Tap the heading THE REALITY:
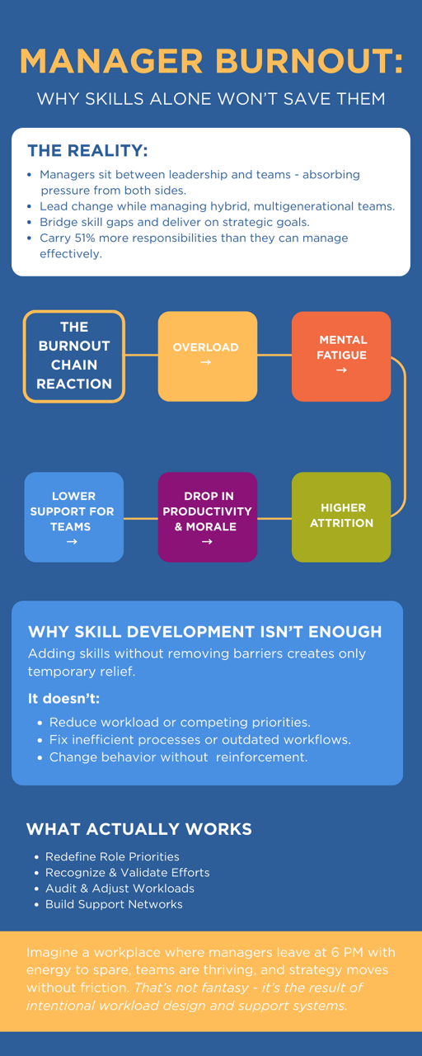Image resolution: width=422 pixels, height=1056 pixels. (87, 150)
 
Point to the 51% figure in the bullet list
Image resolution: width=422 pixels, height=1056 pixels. (85, 238)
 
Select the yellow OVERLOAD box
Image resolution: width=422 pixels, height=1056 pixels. (208, 356)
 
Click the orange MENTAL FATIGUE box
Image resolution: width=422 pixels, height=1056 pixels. (341, 356)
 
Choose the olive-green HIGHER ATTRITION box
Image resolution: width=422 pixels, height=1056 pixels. (341, 517)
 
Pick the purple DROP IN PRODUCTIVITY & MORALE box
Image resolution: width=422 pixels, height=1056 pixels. (208, 517)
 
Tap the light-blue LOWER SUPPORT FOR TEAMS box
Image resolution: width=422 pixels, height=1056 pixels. (74, 517)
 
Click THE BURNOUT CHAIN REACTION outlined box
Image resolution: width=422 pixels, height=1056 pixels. (74, 356)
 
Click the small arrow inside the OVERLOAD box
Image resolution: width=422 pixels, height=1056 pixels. (205, 362)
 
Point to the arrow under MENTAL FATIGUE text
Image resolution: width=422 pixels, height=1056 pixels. (341, 370)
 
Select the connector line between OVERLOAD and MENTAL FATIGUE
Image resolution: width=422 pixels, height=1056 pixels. (274, 355)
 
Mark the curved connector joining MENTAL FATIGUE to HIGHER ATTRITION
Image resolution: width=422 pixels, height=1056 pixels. (405, 436)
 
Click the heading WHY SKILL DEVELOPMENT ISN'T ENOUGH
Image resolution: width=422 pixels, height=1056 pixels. (205, 632)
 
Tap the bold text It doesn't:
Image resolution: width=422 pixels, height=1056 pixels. (63, 698)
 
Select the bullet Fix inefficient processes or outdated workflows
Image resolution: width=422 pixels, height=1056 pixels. (200, 740)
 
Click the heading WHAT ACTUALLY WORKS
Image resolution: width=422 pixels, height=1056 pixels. (139, 829)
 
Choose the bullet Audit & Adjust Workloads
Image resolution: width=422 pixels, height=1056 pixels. (120, 889)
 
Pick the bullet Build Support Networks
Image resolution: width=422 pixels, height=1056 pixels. (114, 904)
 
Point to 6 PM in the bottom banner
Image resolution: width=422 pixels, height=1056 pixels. (347, 952)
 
